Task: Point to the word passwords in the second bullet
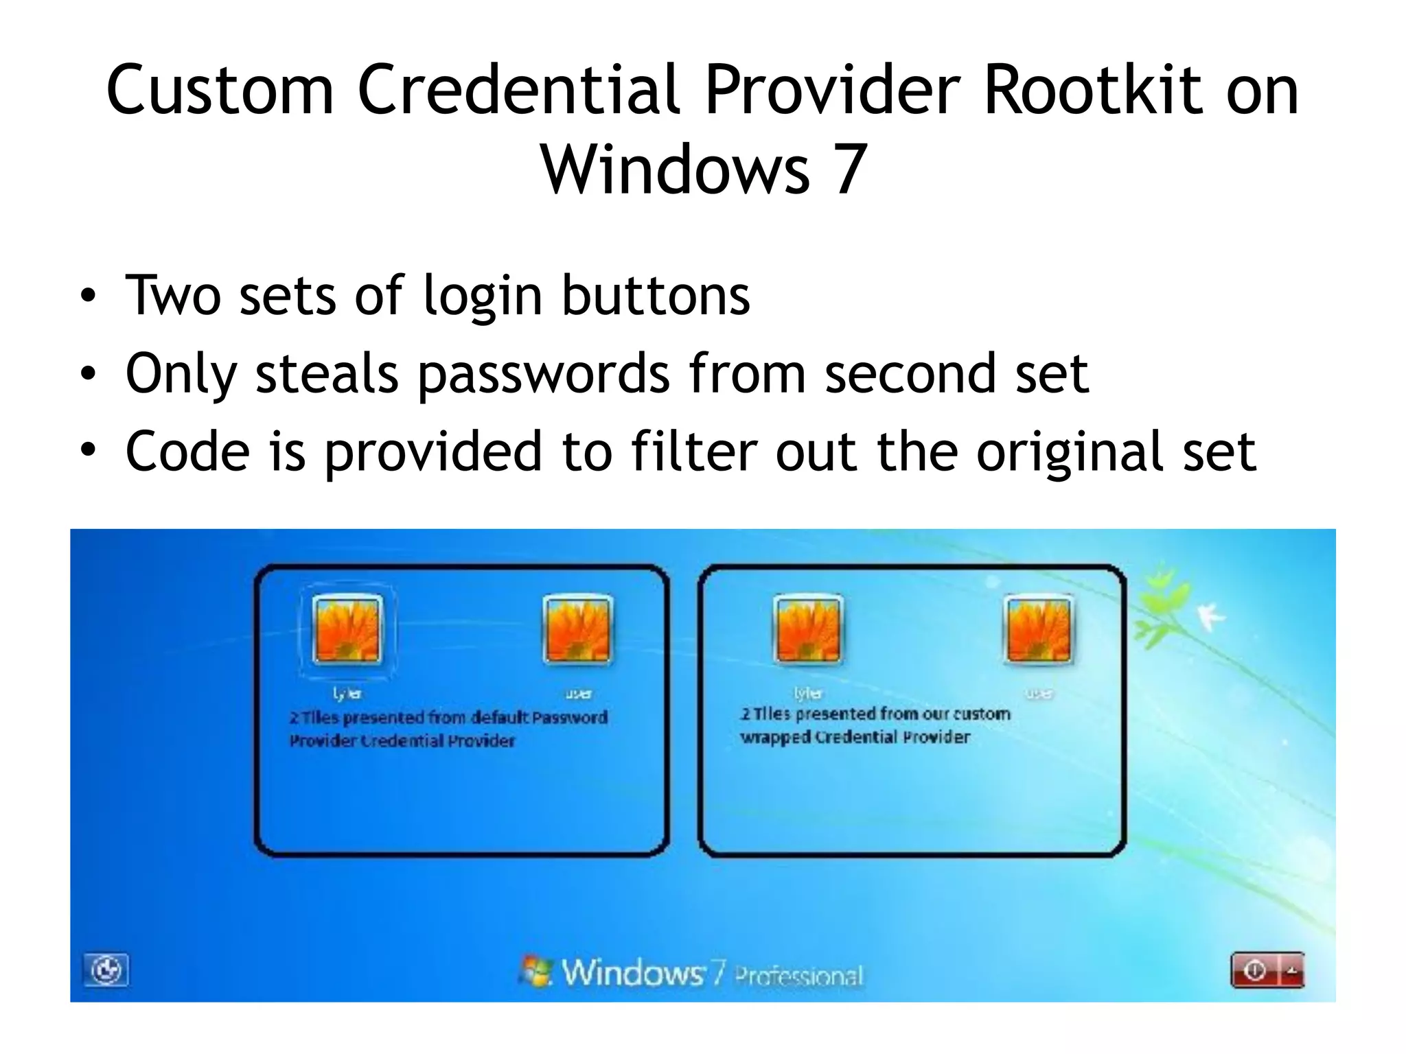(x=543, y=375)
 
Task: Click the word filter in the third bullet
(x=693, y=452)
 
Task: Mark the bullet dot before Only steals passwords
(x=88, y=375)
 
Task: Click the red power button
(x=1255, y=970)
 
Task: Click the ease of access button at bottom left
(x=106, y=970)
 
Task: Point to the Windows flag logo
(x=536, y=971)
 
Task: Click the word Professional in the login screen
(x=798, y=975)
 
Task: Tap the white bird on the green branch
(x=1211, y=616)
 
